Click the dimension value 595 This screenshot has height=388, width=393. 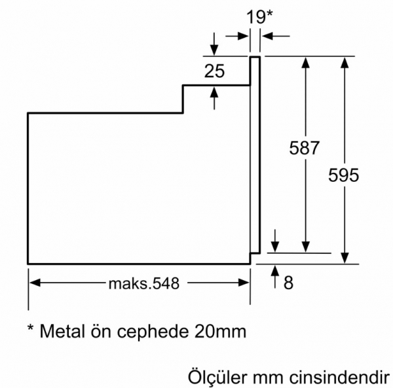pos(343,175)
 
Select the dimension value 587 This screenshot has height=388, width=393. pos(304,148)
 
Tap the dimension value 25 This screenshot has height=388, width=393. pos(215,71)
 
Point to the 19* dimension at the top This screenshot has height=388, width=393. pos(259,17)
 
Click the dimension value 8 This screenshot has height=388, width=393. pos(288,283)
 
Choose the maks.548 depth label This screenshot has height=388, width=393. pos(144,283)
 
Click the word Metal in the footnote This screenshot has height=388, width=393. pos(62,331)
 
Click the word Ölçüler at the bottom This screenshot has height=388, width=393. pos(217,377)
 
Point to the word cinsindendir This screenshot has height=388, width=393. pos(339,378)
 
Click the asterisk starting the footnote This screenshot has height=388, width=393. pos(31,327)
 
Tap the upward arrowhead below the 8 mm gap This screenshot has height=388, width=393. pos(275,271)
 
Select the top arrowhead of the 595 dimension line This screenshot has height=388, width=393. pos(345,63)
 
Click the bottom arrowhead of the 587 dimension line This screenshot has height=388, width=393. pos(305,247)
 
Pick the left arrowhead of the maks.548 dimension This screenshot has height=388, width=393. pos(35,283)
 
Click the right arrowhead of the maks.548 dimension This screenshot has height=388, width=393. pos(244,283)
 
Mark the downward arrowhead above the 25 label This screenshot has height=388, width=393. pos(214,50)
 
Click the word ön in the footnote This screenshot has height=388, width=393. pos(100,331)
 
